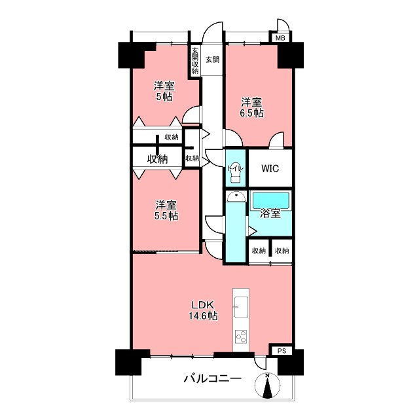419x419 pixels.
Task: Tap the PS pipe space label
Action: tap(282, 351)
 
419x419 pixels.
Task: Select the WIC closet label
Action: tap(270, 168)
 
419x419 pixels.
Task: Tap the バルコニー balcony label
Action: tap(212, 378)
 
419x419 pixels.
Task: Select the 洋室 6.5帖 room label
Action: tap(251, 107)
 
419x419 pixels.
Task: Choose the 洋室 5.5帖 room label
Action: tap(166, 209)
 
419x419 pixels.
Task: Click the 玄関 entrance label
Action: tap(212, 60)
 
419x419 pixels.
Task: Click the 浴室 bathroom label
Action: tap(270, 213)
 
